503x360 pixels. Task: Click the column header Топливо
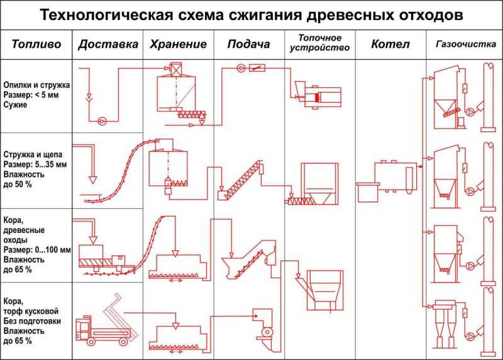click(36, 44)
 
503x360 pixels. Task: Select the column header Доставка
click(108, 44)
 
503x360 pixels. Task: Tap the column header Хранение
click(179, 44)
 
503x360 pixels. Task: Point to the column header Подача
click(248, 44)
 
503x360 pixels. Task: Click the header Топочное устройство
click(319, 43)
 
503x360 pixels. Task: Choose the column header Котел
click(390, 44)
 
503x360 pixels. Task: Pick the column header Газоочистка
click(466, 44)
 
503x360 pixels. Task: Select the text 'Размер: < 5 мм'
click(31, 95)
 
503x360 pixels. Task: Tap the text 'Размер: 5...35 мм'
click(35, 165)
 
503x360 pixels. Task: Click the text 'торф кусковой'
click(31, 311)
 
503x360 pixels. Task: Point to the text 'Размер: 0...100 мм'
click(37, 250)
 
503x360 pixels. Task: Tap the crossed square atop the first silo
click(176, 69)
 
